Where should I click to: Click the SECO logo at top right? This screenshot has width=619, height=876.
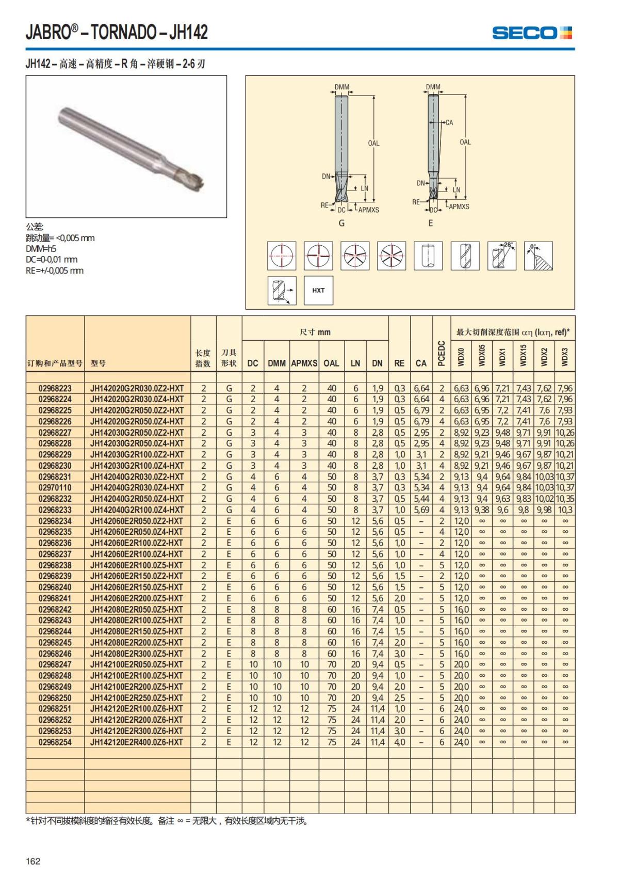[x=532, y=33]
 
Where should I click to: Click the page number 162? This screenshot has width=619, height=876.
[x=33, y=861]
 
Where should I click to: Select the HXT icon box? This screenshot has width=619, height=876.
[x=318, y=290]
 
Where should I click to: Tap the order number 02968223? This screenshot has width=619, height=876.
[x=55, y=388]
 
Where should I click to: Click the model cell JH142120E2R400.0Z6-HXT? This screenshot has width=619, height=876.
[x=137, y=742]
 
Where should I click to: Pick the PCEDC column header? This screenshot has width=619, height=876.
[x=442, y=353]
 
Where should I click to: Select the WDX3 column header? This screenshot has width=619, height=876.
[x=564, y=356]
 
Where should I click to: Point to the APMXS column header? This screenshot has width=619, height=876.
[x=304, y=363]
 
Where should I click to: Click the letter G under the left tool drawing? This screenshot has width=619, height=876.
[x=341, y=224]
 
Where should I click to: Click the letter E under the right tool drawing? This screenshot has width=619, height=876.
[x=431, y=224]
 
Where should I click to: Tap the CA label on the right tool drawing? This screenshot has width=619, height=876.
[x=449, y=122]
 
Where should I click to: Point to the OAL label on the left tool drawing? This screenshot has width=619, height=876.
[x=373, y=143]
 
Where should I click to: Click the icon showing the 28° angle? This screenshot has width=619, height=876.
[x=501, y=256]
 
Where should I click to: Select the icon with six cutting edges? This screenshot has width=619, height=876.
[x=392, y=256]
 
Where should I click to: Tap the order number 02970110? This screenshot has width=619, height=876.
[x=55, y=488]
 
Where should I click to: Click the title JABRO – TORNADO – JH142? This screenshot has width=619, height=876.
[x=117, y=32]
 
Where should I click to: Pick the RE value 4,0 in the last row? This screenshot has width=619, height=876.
[x=399, y=742]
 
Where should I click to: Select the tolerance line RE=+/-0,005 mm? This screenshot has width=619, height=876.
[x=55, y=270]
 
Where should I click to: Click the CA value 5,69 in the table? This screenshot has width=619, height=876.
[x=421, y=510]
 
